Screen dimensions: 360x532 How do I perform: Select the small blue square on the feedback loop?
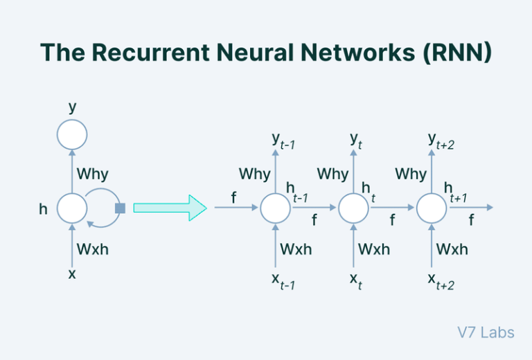(120, 208)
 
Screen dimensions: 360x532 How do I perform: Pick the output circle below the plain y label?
(72, 134)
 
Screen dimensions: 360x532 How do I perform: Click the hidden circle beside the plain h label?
(72, 208)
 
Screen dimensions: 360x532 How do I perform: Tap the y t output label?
(356, 141)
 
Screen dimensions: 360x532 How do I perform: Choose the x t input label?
(355, 280)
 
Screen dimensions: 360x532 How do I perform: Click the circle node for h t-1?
(275, 208)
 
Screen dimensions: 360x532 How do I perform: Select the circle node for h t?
(353, 208)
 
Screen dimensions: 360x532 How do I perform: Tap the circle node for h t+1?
(432, 208)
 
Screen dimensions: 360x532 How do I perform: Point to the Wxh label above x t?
(374, 249)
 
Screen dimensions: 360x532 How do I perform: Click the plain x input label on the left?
(72, 273)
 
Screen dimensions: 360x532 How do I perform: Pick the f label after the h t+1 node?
(472, 221)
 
